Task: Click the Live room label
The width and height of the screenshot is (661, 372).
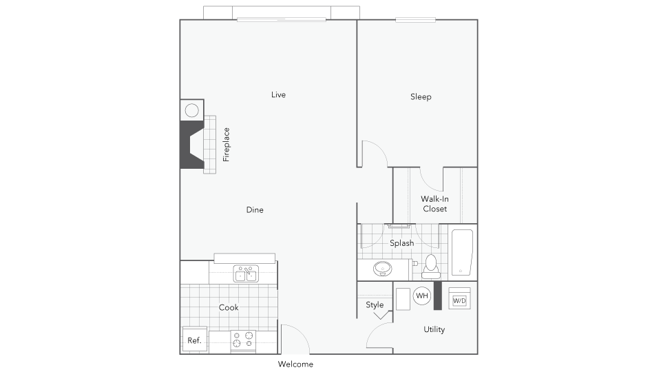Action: click(278, 95)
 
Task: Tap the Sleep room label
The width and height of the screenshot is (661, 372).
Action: click(421, 97)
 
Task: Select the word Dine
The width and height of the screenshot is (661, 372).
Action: click(255, 209)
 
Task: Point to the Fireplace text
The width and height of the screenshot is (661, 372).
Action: click(227, 145)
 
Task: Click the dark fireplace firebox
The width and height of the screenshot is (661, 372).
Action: click(190, 145)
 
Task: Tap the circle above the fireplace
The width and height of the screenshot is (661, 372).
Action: click(192, 110)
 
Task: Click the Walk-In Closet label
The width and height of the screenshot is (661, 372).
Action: click(434, 204)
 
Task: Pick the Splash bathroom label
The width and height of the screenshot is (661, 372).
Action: click(401, 243)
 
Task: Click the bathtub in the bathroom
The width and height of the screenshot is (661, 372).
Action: click(462, 252)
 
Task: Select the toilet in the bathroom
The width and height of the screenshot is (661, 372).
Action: click(431, 267)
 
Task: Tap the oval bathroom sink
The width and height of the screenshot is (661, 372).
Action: click(382, 269)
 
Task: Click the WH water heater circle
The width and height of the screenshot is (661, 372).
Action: click(422, 296)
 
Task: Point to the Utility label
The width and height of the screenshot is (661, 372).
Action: click(434, 329)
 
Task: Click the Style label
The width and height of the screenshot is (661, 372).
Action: click(375, 305)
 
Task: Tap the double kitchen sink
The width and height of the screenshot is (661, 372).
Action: click(246, 273)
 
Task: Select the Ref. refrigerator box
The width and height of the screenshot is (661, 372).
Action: click(194, 340)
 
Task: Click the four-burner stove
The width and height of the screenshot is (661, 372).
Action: click(243, 341)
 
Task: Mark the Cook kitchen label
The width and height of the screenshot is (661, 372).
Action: click(229, 307)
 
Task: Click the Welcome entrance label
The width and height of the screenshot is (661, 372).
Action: click(295, 364)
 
